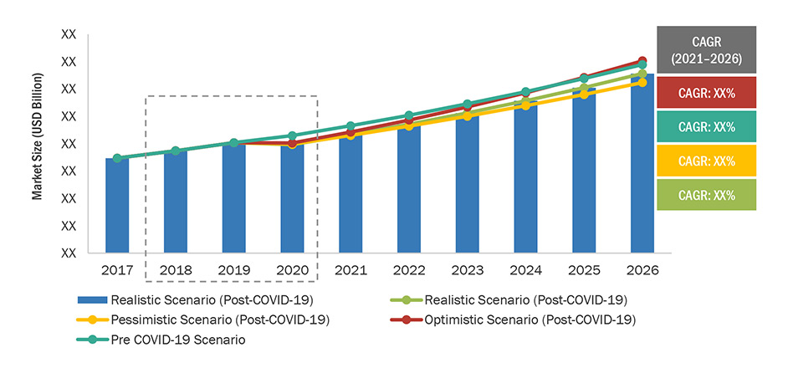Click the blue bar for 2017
pos(117,206)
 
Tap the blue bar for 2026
pos(642,164)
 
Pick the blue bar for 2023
pos(467,183)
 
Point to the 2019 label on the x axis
pos(234,271)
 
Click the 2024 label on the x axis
pos(525,271)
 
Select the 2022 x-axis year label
pos(409,271)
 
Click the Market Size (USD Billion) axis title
pos(38,135)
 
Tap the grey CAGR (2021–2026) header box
pos(706,49)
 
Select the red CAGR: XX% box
pos(706,93)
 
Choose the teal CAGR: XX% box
pos(706,127)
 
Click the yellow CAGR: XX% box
pos(706,161)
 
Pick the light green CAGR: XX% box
pos(706,195)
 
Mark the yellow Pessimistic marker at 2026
pos(642,83)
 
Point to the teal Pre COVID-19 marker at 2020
pos(292,135)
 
